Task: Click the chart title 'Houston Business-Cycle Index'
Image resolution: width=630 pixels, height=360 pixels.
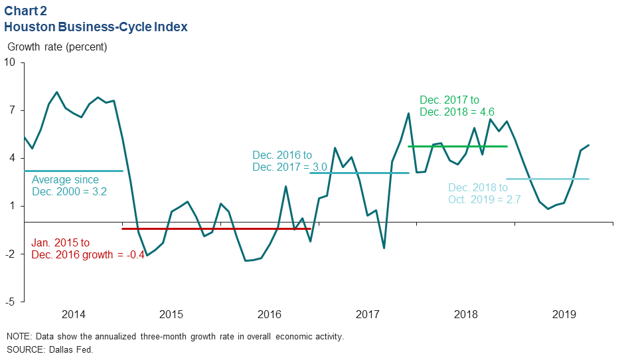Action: click(96, 27)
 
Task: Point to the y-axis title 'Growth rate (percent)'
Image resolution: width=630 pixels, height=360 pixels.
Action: click(57, 47)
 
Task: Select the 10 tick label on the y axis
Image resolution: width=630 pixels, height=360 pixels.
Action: click(9, 62)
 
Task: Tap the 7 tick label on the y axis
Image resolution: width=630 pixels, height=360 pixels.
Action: click(12, 110)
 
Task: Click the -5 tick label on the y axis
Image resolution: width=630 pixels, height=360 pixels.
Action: click(9, 302)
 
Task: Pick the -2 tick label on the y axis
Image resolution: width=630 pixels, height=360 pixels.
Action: click(9, 254)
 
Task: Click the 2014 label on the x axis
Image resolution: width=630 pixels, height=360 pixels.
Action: click(73, 314)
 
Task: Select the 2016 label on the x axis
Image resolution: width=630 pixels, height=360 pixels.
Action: click(269, 314)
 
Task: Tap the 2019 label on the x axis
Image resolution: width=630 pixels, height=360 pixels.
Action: click(564, 314)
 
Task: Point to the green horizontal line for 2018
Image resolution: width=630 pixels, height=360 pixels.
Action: click(457, 146)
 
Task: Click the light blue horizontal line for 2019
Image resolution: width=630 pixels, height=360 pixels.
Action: click(547, 179)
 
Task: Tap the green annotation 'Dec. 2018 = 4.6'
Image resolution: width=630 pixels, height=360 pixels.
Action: click(457, 112)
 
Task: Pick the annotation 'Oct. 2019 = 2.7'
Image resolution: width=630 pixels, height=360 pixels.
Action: click(486, 199)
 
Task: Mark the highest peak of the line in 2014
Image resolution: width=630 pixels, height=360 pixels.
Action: click(56, 92)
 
